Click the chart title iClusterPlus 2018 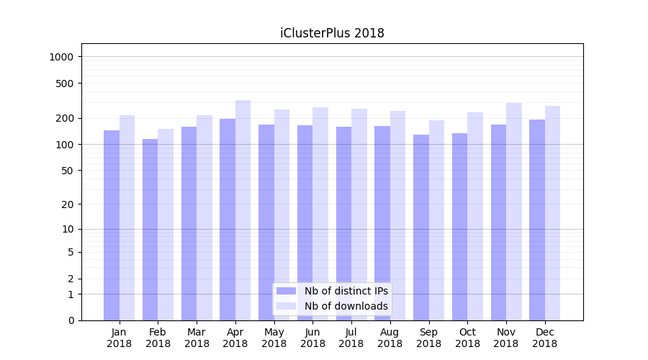332,33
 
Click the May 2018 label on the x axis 274,338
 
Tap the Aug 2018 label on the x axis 390,338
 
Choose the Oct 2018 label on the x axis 467,338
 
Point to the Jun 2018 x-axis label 312,338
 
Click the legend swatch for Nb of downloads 287,306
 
